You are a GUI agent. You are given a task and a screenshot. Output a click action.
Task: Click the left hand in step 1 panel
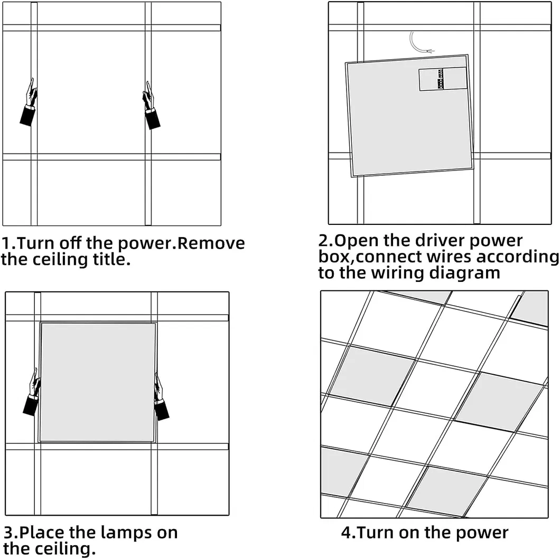(x=30, y=103)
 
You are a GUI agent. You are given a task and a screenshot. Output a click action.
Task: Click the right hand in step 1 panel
(x=151, y=106)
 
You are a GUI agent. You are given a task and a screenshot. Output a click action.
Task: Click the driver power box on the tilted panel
(x=443, y=79)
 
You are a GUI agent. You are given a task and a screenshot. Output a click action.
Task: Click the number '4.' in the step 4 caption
(x=349, y=532)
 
